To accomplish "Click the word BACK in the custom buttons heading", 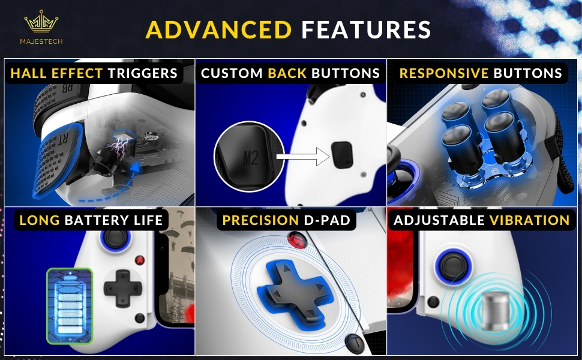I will [286, 73].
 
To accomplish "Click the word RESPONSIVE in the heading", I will [444, 73].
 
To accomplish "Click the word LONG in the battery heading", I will [40, 220].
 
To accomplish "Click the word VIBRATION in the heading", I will [529, 221].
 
